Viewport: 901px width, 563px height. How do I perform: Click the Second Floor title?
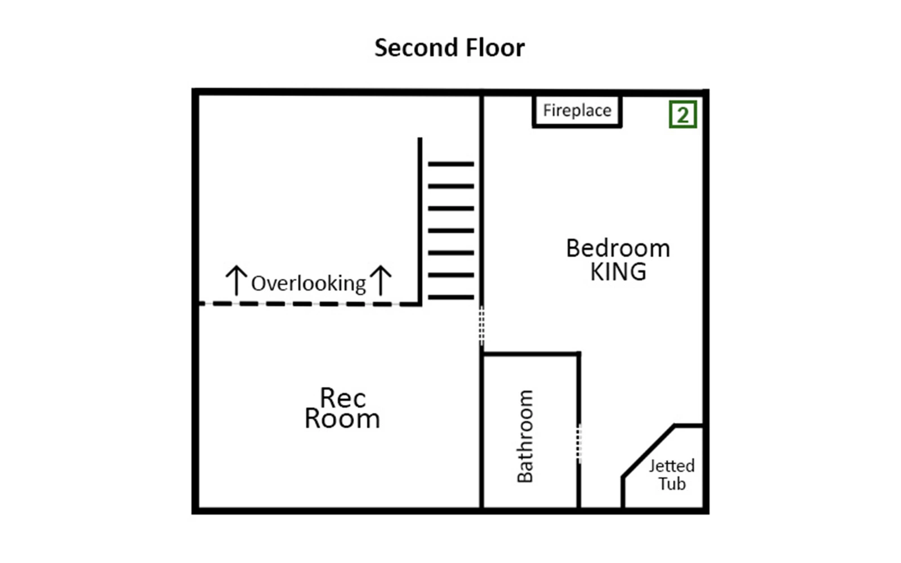tap(449, 47)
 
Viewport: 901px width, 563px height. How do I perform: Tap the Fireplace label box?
tap(577, 110)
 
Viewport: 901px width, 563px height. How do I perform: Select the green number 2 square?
tap(683, 115)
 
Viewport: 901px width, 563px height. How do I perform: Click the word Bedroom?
tap(618, 248)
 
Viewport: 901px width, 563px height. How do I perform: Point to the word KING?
tap(618, 272)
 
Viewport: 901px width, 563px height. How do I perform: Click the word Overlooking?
tap(309, 284)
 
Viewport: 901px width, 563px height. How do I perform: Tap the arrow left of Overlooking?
tap(236, 280)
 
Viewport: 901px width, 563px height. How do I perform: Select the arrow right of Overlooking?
tap(381, 280)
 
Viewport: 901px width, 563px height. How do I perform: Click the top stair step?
tap(451, 164)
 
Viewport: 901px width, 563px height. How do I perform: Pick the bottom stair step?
tap(451, 297)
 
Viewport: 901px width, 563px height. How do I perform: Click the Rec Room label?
tap(342, 408)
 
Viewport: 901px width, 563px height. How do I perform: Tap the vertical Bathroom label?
tap(525, 436)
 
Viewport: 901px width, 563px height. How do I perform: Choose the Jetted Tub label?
tap(672, 475)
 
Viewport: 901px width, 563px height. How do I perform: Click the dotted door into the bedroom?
tap(481, 326)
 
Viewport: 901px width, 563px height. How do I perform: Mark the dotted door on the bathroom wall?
tap(579, 444)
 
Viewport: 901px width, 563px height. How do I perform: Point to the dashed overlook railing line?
tap(310, 304)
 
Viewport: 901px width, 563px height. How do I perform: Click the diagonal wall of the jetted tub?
tap(648, 451)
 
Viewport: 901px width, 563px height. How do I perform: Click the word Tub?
tap(672, 484)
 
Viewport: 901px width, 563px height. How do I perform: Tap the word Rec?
tap(343, 398)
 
